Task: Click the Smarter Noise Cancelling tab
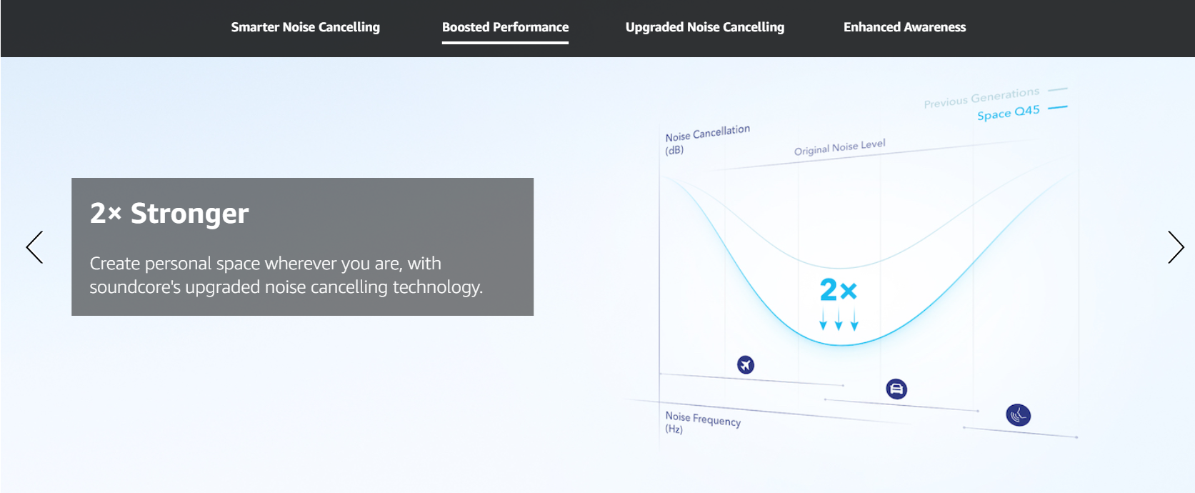305,27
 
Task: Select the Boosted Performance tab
505,27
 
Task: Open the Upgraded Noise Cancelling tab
705,27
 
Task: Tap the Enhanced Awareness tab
904,27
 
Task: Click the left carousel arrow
34,247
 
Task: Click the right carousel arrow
1176,247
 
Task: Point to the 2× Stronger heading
169,214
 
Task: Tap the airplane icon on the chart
746,365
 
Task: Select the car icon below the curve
896,389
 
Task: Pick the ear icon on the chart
1018,415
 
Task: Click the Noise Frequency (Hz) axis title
703,422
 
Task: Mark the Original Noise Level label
840,146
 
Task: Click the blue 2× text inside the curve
838,290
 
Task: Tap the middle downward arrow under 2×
839,319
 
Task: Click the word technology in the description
437,287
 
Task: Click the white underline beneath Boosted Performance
505,43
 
